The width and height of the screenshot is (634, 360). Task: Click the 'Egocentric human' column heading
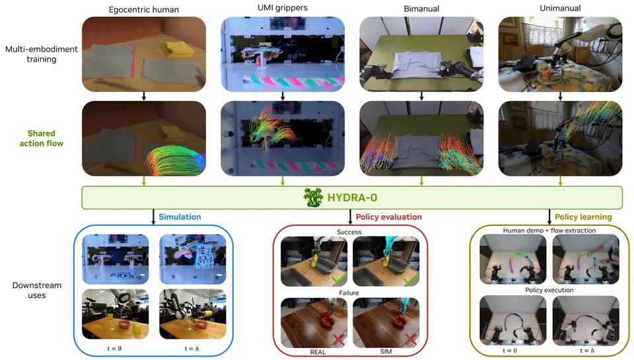(x=143, y=10)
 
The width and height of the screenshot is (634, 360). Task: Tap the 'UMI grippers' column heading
(x=283, y=8)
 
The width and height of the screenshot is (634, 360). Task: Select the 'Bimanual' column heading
(x=421, y=9)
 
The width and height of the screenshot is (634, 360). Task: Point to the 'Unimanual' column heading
(x=560, y=8)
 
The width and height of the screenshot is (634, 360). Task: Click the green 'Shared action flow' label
(x=41, y=138)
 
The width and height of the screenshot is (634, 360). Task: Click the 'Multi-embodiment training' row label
(x=41, y=54)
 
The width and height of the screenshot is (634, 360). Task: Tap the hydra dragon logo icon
(x=313, y=198)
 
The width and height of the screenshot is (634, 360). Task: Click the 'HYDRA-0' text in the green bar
(x=352, y=198)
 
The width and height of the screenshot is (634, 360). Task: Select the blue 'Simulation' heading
(x=180, y=217)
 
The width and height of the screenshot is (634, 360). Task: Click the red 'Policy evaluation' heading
(x=388, y=217)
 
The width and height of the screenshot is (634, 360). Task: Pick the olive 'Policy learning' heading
(x=583, y=217)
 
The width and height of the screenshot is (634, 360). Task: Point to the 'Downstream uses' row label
(x=37, y=290)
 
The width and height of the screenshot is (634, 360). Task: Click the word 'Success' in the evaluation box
(x=349, y=232)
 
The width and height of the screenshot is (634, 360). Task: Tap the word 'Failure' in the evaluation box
(x=349, y=293)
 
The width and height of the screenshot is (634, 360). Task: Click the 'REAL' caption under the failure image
(x=318, y=352)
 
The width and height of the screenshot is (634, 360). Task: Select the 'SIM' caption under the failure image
(x=386, y=351)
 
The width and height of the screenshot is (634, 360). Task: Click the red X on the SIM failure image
(x=410, y=340)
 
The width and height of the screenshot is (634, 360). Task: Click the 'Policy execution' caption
(x=549, y=290)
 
